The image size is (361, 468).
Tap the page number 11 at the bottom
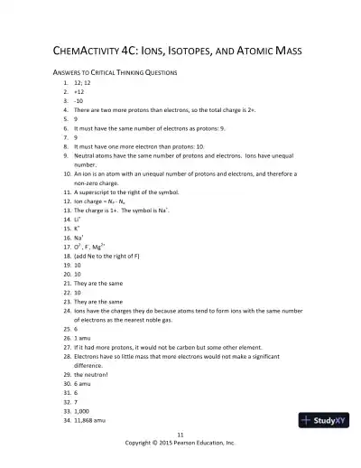click(x=180, y=435)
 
